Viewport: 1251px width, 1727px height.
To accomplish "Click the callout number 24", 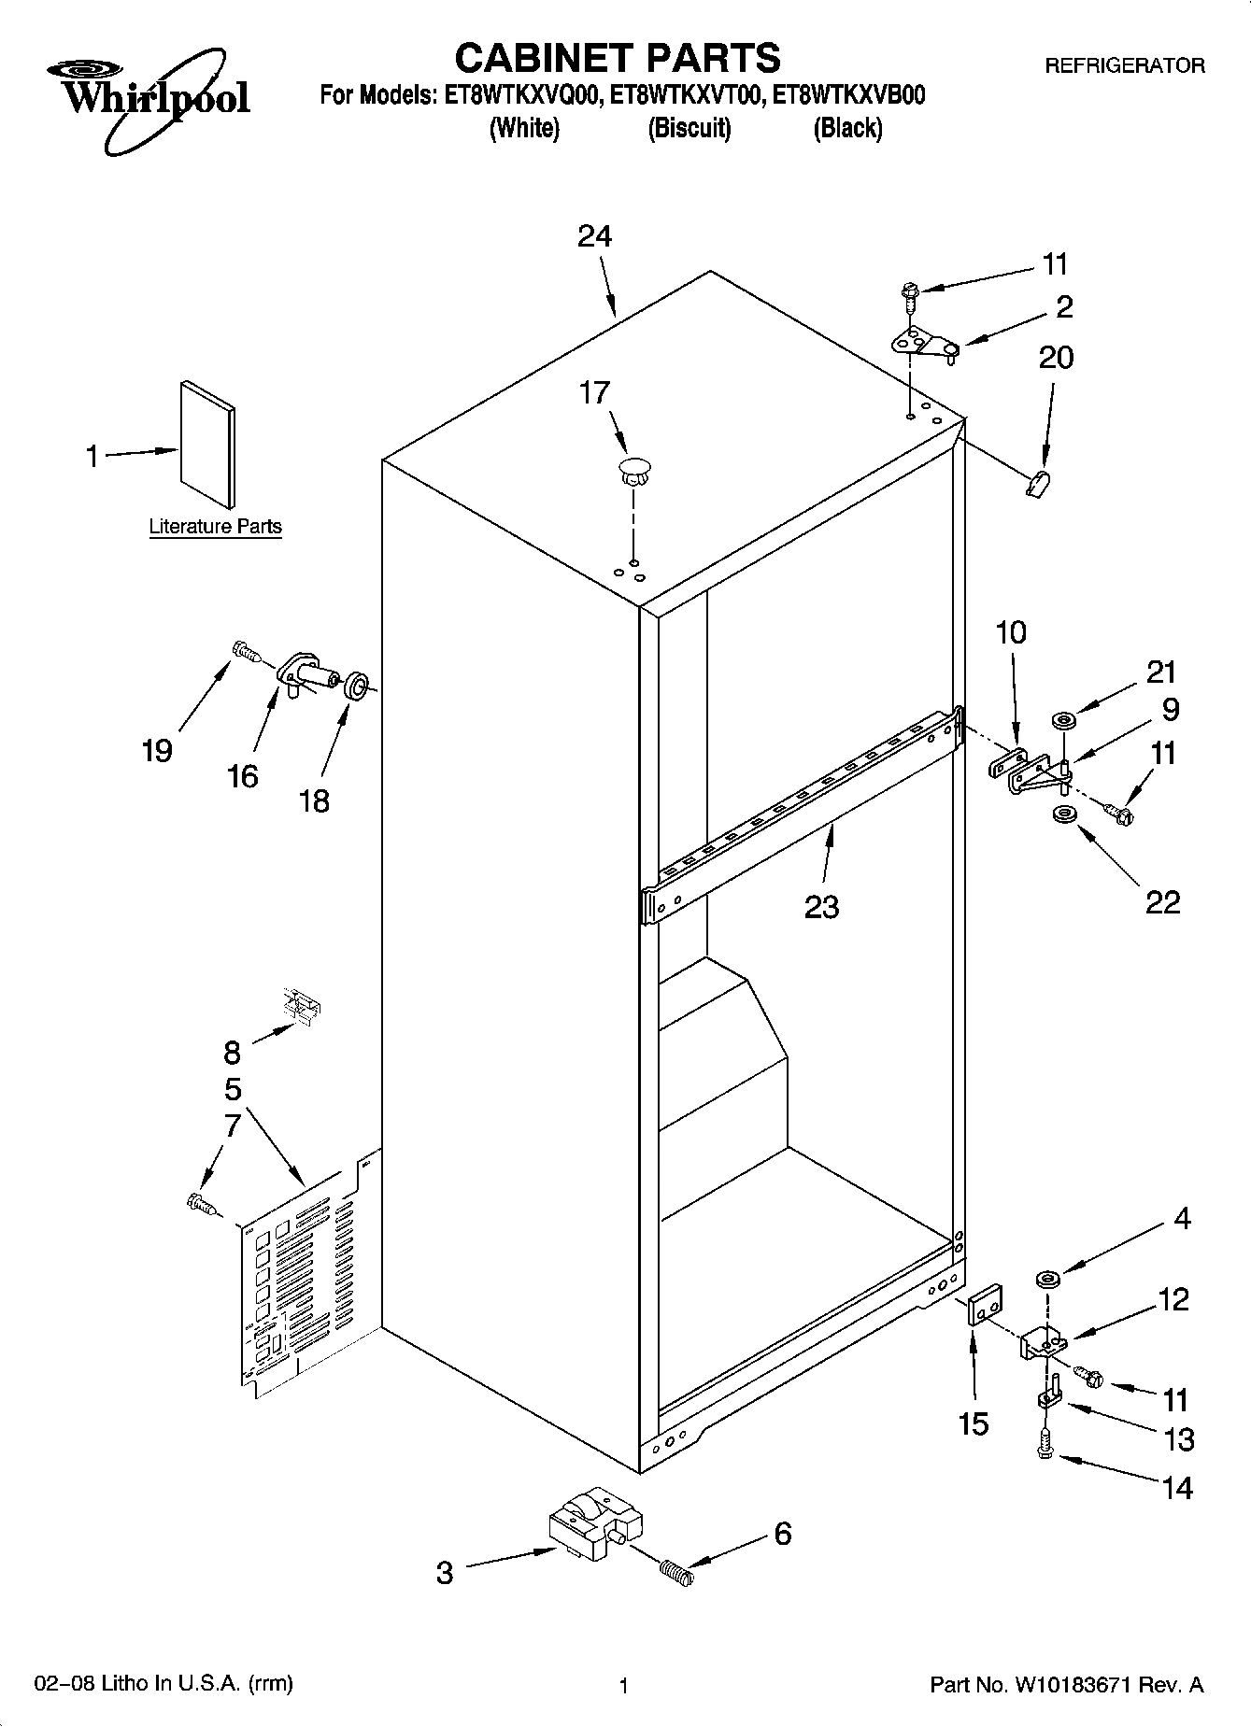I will (x=594, y=236).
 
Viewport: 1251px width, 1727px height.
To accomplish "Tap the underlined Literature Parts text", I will (x=215, y=527).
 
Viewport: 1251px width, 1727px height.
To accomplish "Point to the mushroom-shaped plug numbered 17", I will (x=634, y=470).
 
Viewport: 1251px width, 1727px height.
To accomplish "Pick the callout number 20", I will (x=1056, y=358).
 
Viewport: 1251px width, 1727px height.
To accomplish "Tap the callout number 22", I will (x=1162, y=901).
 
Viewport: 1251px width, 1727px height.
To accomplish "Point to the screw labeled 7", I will (x=201, y=1204).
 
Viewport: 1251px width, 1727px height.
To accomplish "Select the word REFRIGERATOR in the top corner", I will (x=1124, y=66).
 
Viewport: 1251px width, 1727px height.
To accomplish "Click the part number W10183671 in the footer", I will (x=1086, y=1685).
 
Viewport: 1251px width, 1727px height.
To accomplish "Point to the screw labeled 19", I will (x=244, y=649).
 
